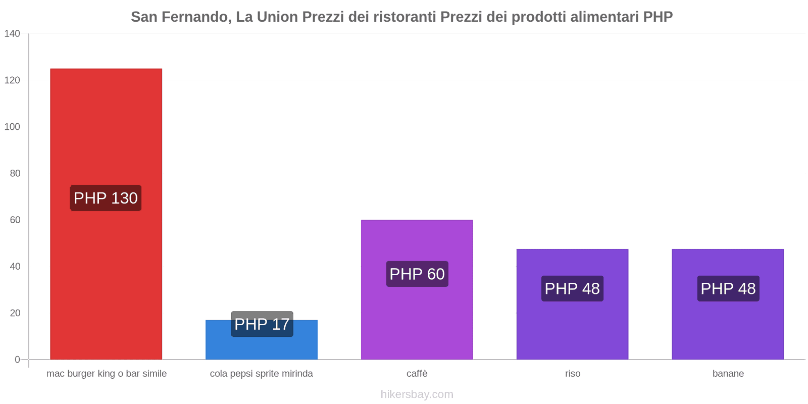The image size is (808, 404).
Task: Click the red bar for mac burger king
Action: click(106, 126)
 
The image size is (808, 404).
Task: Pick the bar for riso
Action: click(572, 328)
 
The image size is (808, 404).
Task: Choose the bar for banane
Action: click(728, 328)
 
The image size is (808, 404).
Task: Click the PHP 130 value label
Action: click(106, 198)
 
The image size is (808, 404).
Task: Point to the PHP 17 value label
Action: click(262, 324)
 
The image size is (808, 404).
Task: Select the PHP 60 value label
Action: click(417, 274)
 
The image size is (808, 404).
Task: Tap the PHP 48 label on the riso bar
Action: click(572, 288)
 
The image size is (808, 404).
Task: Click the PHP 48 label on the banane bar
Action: click(728, 288)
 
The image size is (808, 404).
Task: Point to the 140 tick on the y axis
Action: click(12, 34)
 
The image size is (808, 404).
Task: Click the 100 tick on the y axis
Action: click(12, 127)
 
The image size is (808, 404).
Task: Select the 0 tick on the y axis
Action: click(17, 360)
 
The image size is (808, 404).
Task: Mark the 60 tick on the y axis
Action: click(15, 220)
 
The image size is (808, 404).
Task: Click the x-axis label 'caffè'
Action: click(417, 374)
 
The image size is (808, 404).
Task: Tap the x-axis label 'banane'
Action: click(728, 374)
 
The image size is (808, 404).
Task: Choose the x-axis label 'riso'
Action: click(573, 374)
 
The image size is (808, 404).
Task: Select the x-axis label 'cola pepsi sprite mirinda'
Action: click(262, 374)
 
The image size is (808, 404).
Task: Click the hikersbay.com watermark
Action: click(417, 394)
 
